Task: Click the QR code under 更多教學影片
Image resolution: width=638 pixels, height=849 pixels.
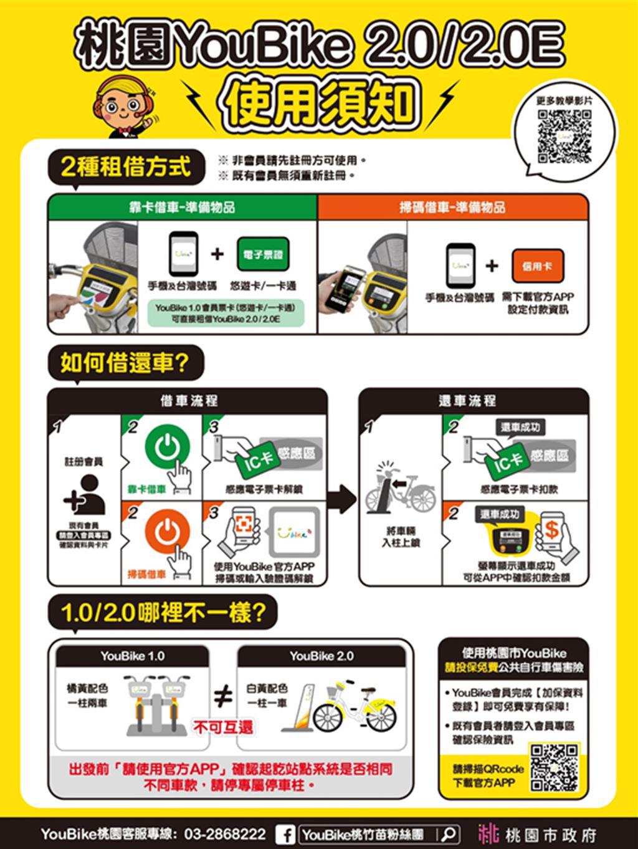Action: coord(564,136)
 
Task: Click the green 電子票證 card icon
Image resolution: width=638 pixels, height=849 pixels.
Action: coord(262,254)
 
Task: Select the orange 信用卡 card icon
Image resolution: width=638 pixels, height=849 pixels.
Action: coord(538,266)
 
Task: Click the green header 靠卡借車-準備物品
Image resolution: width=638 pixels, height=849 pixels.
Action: coord(182,208)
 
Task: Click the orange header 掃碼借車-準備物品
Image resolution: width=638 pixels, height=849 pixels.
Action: coord(452,208)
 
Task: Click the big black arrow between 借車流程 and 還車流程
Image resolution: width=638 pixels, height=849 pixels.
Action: coord(342,499)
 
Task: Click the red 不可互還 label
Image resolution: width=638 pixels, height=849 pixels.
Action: coord(223,727)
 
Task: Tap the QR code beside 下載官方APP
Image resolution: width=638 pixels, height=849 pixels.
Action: coord(555,768)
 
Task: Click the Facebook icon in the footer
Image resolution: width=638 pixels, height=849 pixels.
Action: coord(285,834)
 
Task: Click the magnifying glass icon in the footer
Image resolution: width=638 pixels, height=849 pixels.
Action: coord(449,834)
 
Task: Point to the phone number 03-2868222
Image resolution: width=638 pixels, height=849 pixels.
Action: coord(225,834)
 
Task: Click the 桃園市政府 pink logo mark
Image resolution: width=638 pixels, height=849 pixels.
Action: coord(488,834)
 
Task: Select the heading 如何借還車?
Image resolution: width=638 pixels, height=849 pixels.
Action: coord(125,363)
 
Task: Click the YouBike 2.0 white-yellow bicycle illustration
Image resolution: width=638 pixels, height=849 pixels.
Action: coord(354,711)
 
